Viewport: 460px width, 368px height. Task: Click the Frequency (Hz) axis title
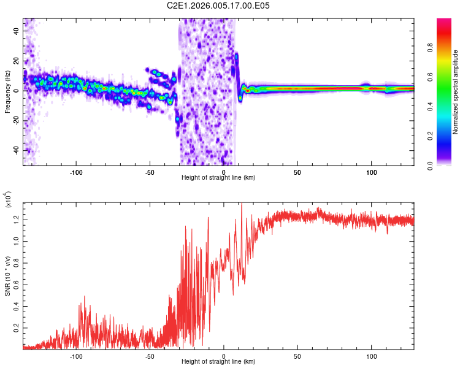(x=7, y=92)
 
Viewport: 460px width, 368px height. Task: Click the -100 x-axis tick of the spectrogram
(x=76, y=172)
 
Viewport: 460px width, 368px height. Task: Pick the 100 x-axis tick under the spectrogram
(x=371, y=172)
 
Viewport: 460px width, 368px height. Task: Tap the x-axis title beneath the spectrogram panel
(x=218, y=178)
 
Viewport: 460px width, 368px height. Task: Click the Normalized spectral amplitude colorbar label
(x=456, y=92)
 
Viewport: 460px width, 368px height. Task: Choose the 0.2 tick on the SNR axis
(x=16, y=328)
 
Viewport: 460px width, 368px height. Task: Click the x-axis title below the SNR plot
(x=218, y=362)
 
